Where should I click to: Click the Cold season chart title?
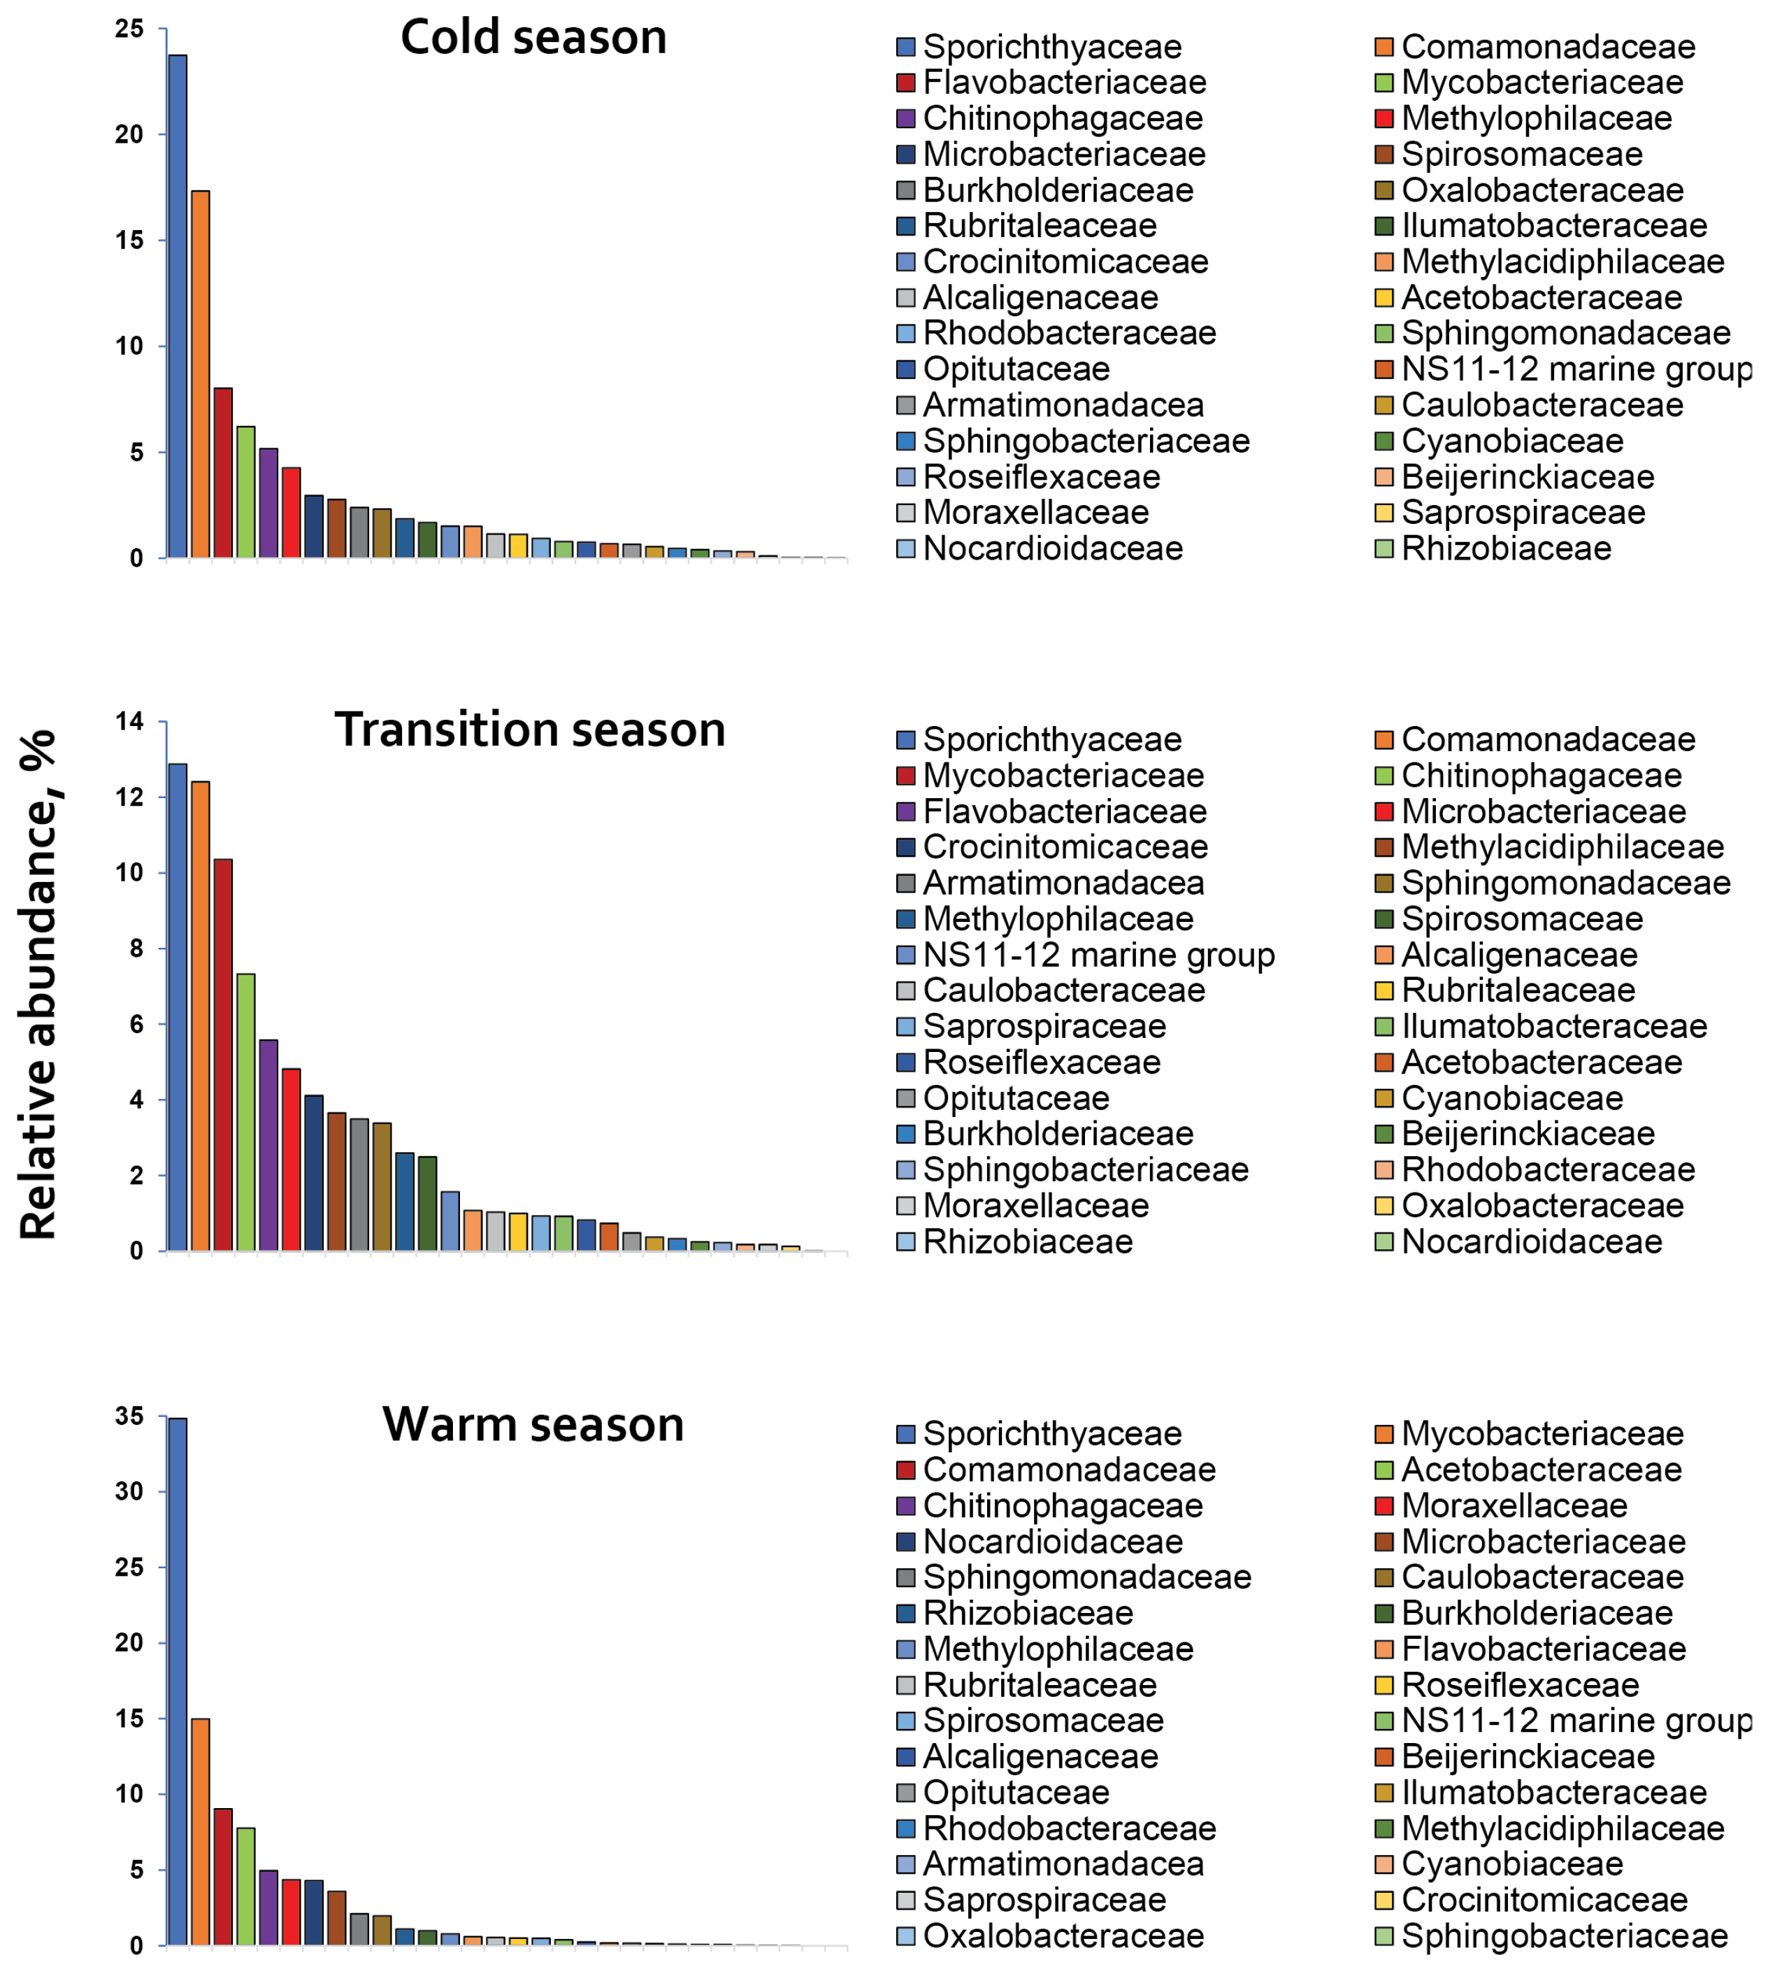533,38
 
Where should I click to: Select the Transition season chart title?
531,730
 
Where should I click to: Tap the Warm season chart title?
533,1425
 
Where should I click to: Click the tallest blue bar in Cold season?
178,306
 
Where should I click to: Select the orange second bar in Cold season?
200,374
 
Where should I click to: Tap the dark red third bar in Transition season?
224,1055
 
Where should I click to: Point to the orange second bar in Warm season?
200,1832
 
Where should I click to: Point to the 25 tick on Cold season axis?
129,29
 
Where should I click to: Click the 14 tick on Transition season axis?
129,721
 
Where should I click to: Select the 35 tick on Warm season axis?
129,1416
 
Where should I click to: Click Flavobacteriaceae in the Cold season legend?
1065,83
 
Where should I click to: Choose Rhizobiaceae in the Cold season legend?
1507,549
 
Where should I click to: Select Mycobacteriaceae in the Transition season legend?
1064,776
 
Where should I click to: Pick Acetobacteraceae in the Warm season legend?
1541,1470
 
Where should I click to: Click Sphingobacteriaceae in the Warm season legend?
1565,1936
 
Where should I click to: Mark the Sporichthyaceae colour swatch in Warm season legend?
905,1433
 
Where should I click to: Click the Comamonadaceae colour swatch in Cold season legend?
1384,47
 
